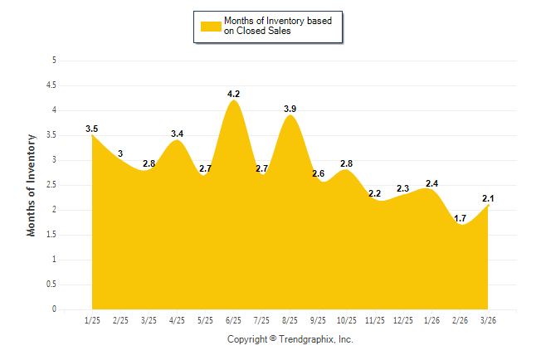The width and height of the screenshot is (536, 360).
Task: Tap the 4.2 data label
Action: (234, 94)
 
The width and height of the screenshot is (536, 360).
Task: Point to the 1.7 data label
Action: (460, 218)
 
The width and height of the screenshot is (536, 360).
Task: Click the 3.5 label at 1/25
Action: (92, 129)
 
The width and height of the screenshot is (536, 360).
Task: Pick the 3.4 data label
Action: (178, 134)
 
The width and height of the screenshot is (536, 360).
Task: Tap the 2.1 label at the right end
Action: (489, 197)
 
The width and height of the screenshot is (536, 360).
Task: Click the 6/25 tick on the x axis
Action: (234, 319)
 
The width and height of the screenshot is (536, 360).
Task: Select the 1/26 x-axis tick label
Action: (432, 319)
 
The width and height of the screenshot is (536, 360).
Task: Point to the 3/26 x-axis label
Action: (489, 319)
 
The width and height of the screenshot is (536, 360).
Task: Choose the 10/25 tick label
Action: (347, 319)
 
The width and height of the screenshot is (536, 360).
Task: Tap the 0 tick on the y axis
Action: (54, 309)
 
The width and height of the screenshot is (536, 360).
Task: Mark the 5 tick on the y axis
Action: (54, 61)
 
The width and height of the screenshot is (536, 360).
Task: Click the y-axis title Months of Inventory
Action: (32, 185)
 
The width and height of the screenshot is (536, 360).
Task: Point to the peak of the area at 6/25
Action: (234, 101)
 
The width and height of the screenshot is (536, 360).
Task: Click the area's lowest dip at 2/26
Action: (460, 226)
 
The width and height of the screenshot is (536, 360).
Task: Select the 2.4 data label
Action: (432, 183)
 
